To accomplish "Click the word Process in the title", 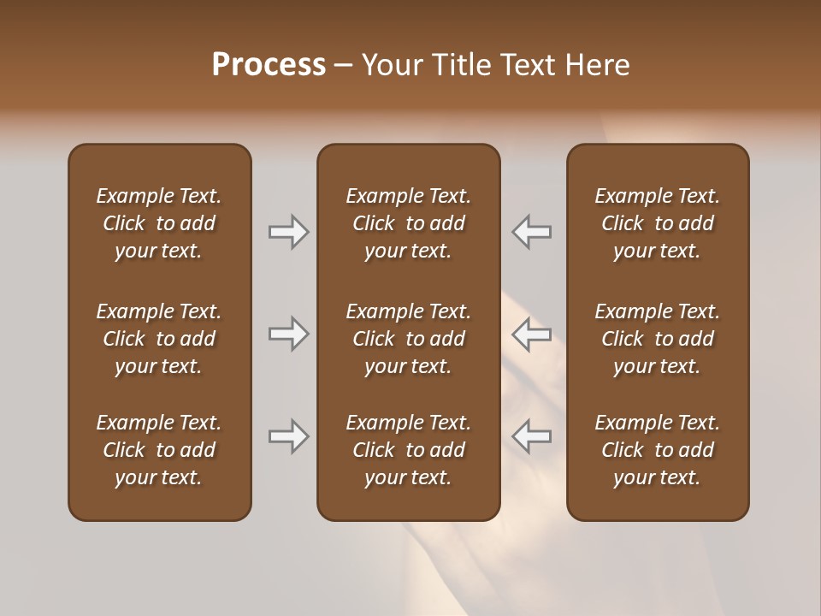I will click(x=269, y=65).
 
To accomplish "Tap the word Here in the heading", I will click(x=598, y=65).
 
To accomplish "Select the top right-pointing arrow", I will click(x=288, y=232).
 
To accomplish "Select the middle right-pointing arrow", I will click(x=288, y=334).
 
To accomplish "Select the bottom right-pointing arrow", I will click(x=288, y=436).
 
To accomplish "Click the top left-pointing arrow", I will click(x=532, y=232).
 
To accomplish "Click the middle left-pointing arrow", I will click(x=532, y=334).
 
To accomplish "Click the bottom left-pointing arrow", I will click(x=532, y=436).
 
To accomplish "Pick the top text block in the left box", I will click(x=159, y=223).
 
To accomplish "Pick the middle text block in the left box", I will click(x=159, y=339).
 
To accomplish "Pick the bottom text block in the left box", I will click(x=159, y=450).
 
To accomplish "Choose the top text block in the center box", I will click(x=408, y=223).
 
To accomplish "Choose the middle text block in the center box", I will click(x=408, y=339).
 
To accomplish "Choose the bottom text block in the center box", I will click(x=408, y=450).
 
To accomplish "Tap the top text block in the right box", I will click(x=658, y=223).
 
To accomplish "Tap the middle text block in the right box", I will click(x=658, y=339).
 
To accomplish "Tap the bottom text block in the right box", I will click(x=658, y=450).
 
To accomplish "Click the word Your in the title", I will click(x=391, y=65).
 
